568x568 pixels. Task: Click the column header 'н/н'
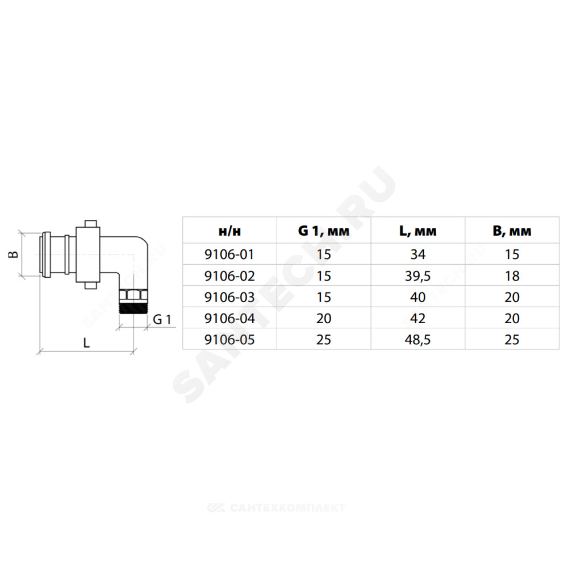pos(229,231)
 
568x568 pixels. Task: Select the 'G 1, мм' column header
pos(324,231)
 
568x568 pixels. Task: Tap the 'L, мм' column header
pos(417,231)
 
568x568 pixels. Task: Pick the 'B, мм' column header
pos(512,231)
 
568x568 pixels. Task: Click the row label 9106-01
pos(229,254)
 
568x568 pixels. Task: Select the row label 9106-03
pos(229,297)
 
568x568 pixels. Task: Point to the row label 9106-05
pos(229,340)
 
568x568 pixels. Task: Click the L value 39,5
pos(417,276)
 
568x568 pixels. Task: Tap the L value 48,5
pos(417,340)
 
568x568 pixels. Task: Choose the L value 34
pos(417,254)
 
